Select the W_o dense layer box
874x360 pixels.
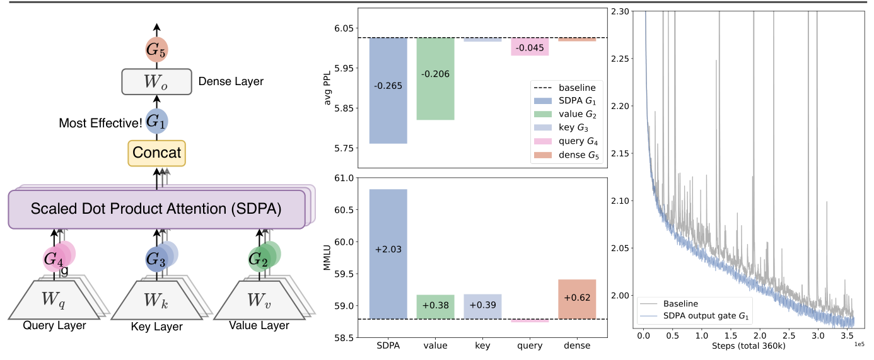(156, 81)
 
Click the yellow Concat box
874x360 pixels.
(156, 153)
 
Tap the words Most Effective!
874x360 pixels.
(100, 122)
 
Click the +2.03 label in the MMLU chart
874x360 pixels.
(388, 249)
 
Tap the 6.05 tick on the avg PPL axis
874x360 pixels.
(344, 28)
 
